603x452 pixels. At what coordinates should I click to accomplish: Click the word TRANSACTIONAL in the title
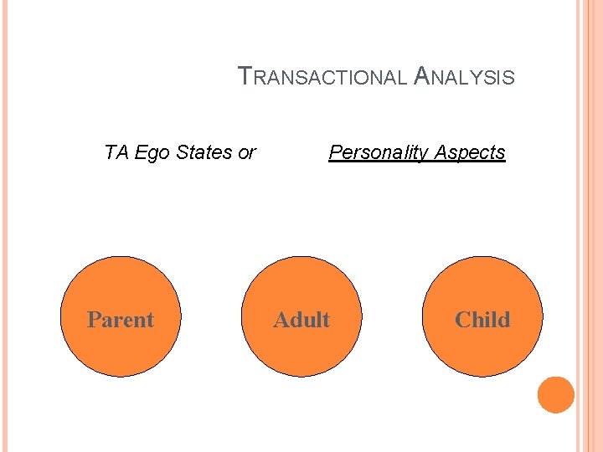tap(325, 78)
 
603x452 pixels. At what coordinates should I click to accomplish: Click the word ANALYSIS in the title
tap(465, 78)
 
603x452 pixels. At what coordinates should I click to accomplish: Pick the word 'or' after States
tap(246, 153)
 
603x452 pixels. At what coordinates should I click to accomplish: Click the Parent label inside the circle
tap(121, 320)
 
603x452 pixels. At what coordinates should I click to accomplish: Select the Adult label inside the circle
tap(301, 320)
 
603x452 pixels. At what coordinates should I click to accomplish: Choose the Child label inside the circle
tap(482, 320)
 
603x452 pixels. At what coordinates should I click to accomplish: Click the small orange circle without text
tap(556, 395)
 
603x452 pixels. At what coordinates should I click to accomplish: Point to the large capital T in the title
tap(245, 76)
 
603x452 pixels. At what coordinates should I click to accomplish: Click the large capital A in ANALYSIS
tap(423, 76)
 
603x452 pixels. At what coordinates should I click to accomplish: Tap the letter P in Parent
tap(94, 320)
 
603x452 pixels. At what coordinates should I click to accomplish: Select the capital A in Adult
tap(281, 320)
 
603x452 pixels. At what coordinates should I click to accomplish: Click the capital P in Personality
tap(335, 152)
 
